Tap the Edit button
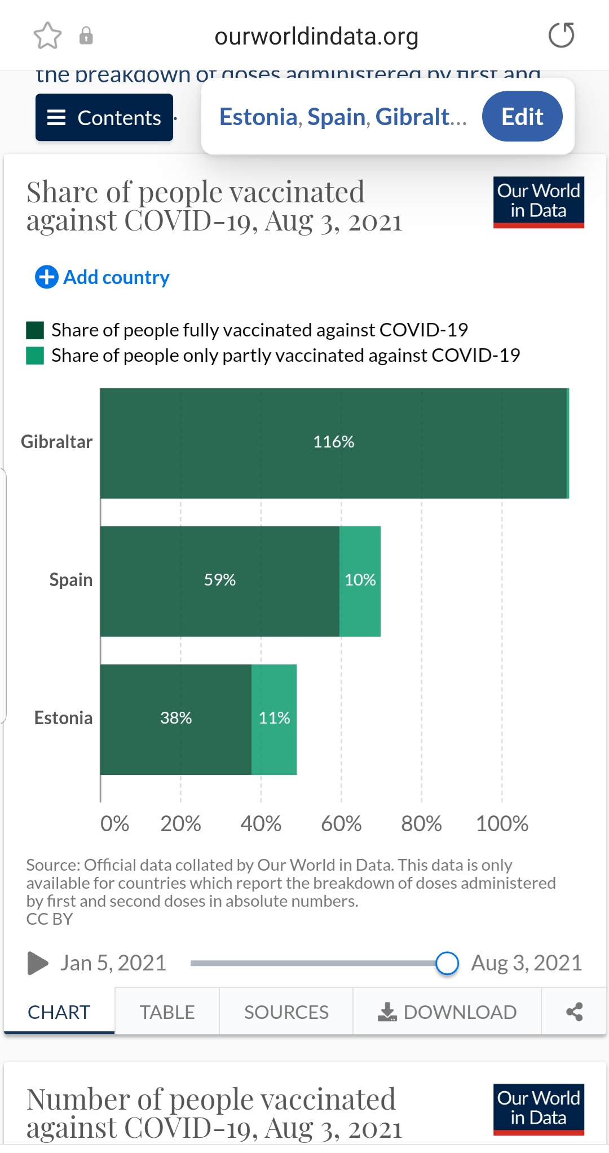(522, 117)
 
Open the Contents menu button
(104, 117)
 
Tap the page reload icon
(561, 36)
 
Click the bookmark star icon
(47, 36)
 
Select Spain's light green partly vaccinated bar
(360, 581)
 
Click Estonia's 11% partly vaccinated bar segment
(274, 719)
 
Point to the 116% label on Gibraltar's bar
(334, 442)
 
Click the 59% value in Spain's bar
(220, 580)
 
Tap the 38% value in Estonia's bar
(176, 718)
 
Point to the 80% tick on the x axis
(421, 824)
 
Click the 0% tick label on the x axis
(114, 824)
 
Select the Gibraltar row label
(56, 442)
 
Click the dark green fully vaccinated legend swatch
(35, 330)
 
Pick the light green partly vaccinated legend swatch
(35, 356)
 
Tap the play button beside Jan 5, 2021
(37, 963)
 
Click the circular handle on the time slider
(447, 963)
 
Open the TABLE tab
(167, 1012)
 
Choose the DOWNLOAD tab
(447, 1012)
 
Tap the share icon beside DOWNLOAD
(574, 1012)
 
